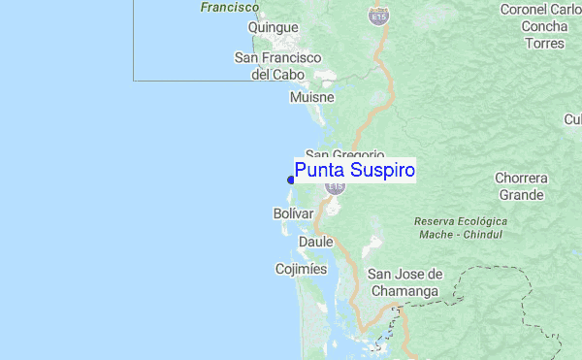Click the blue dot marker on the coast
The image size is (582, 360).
point(291,180)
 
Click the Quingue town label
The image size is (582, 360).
point(273,28)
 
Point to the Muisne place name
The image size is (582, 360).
point(311,97)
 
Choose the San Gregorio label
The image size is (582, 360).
point(344,155)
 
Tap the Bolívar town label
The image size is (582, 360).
point(294,213)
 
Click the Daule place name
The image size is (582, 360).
point(316,242)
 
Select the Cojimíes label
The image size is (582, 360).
point(301,269)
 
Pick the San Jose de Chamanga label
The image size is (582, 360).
point(404,282)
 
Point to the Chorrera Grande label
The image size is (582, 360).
point(522,186)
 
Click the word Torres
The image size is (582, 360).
point(544,43)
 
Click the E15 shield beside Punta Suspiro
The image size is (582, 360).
point(336,186)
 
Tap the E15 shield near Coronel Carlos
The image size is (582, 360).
point(378,16)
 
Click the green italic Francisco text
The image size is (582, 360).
point(230,7)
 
